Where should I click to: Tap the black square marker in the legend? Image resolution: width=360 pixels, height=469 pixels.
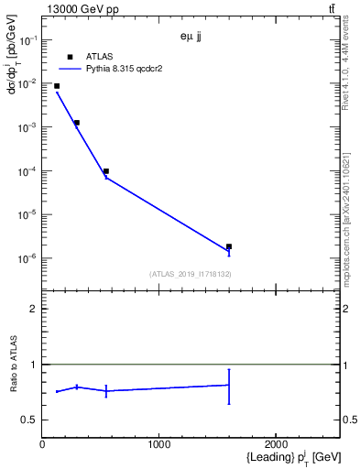70,56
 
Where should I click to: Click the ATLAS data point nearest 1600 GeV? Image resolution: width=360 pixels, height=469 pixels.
229,246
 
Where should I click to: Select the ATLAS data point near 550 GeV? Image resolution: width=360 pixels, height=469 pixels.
106,171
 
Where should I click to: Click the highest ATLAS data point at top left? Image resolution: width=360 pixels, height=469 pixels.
57,86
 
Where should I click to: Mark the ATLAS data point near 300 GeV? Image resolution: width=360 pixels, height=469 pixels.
77,123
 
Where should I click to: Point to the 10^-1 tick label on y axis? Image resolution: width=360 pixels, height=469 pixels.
27,40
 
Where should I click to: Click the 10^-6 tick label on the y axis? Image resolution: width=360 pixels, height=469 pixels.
27,258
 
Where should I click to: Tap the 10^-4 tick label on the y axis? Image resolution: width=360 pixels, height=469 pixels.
27,171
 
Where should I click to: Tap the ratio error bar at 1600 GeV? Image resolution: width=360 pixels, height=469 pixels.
229,386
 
